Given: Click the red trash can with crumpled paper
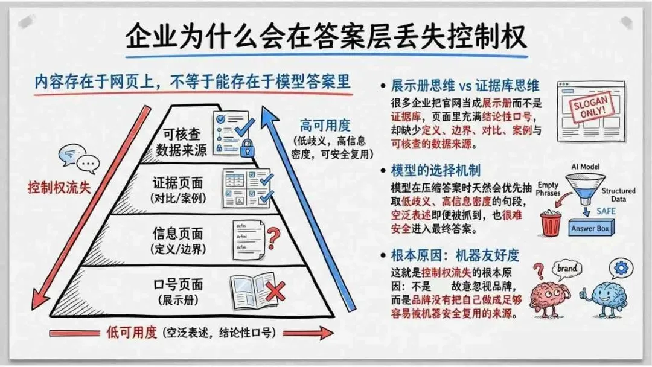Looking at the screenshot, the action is [x=550, y=223].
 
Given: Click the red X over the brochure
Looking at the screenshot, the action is [x=275, y=292].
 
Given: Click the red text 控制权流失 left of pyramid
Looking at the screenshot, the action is [x=59, y=187].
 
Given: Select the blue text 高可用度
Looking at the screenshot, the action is [x=325, y=126].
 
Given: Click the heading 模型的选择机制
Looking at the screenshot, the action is [x=430, y=170].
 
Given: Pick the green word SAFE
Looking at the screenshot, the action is [x=606, y=211].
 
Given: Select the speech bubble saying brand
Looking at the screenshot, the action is [x=567, y=269].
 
